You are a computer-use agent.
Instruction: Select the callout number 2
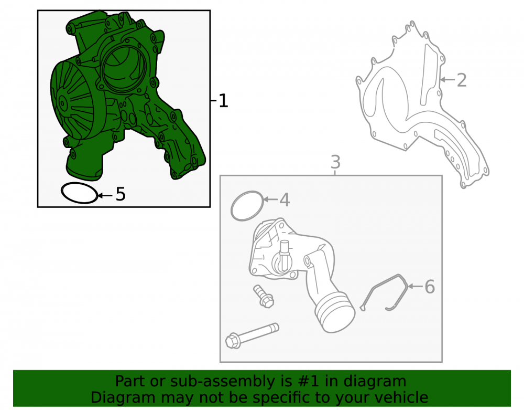[x=462, y=80]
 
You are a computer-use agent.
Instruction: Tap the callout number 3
[x=335, y=162]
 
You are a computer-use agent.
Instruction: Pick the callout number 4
[x=285, y=200]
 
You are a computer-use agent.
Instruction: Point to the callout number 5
[x=121, y=194]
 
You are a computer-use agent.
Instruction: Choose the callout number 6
[x=430, y=287]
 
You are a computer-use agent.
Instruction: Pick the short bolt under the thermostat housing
[x=264, y=296]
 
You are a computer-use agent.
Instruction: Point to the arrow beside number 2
[x=447, y=80]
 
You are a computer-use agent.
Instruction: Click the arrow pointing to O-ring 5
[x=105, y=195]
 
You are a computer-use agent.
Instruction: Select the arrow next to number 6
[x=416, y=286]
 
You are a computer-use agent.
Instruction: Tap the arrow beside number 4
[x=271, y=199]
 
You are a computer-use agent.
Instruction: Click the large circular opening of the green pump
[x=124, y=69]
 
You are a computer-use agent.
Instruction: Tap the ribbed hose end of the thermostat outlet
[x=335, y=312]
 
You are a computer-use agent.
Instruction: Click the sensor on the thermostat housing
[x=284, y=256]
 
